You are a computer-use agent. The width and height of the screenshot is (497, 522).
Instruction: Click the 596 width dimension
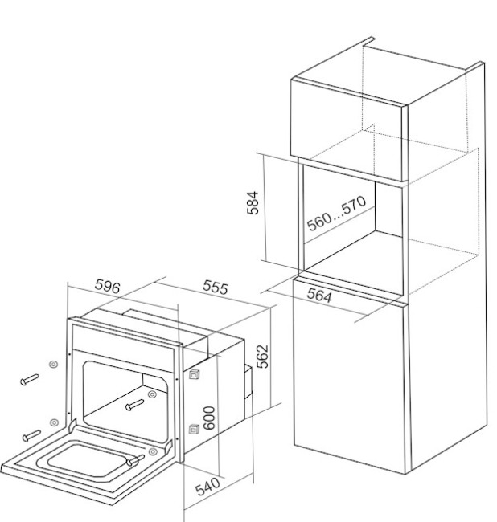pyautogui.click(x=107, y=286)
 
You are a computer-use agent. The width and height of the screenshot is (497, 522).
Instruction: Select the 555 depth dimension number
pyautogui.click(x=216, y=287)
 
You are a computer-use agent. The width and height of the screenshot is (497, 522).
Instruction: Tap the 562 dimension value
pyautogui.click(x=263, y=357)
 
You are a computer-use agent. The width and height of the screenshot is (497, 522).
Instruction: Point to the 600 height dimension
pyautogui.click(x=209, y=418)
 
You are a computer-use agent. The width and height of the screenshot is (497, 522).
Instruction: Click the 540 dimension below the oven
pyautogui.click(x=207, y=487)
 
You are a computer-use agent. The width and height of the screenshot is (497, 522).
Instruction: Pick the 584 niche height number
pyautogui.click(x=253, y=202)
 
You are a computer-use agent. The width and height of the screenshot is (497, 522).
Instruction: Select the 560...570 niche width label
pyautogui.click(x=336, y=213)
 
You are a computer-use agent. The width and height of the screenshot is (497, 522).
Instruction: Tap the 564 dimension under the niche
pyautogui.click(x=319, y=296)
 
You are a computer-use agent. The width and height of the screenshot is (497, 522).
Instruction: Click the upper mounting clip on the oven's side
pyautogui.click(x=194, y=374)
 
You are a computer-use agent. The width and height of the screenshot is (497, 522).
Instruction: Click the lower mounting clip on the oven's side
pyautogui.click(x=194, y=429)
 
